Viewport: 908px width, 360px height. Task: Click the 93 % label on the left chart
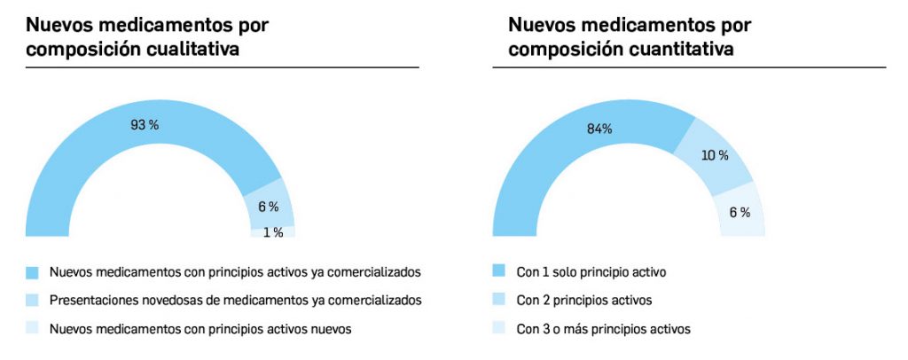tap(145, 125)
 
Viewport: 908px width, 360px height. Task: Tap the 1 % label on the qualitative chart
tap(272, 232)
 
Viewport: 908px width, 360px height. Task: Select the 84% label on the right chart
tap(599, 129)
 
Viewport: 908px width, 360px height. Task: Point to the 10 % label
tap(715, 155)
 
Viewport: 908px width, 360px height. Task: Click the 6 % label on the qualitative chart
tap(268, 207)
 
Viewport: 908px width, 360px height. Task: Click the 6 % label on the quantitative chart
tap(740, 213)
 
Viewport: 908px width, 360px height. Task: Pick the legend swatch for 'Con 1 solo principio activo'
tap(498, 270)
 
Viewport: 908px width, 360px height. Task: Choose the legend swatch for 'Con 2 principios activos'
tap(498, 300)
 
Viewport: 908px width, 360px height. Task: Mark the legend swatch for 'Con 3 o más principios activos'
tap(498, 328)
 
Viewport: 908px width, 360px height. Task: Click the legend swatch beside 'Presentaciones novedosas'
tap(33, 300)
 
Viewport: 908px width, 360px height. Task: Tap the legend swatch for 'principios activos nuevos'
tap(33, 328)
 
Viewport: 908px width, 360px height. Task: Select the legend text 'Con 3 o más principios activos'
tap(603, 328)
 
